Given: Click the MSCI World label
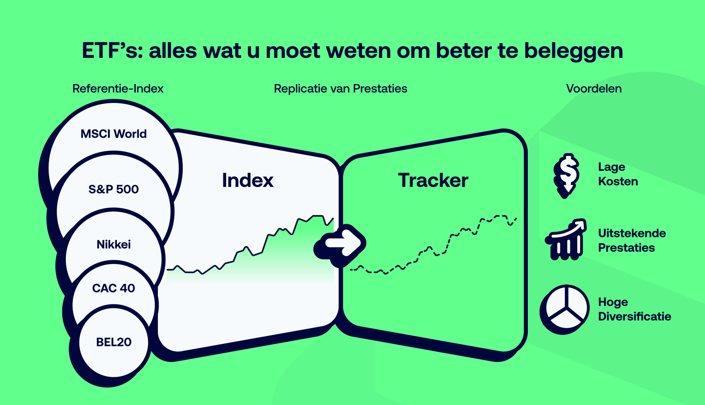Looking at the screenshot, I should pos(114,134).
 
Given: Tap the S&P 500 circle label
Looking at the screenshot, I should pos(114,189).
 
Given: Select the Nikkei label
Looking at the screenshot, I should pos(114,244).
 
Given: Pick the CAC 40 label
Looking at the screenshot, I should pos(114,288).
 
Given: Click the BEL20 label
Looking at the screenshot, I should pos(114,342).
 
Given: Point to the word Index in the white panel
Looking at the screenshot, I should pos(247,180).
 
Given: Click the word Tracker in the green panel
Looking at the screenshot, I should pos(433,180).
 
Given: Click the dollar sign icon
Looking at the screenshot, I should pos(566,175).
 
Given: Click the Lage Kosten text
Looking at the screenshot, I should pos(618,174).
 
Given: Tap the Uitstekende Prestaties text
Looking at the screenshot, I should pos(632,241).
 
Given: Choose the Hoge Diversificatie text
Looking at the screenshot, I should pos(634,309).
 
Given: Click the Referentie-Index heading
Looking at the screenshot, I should pos(118,88).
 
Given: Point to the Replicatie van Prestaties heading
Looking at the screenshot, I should pos(341,88).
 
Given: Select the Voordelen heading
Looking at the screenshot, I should pos(594,88).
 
